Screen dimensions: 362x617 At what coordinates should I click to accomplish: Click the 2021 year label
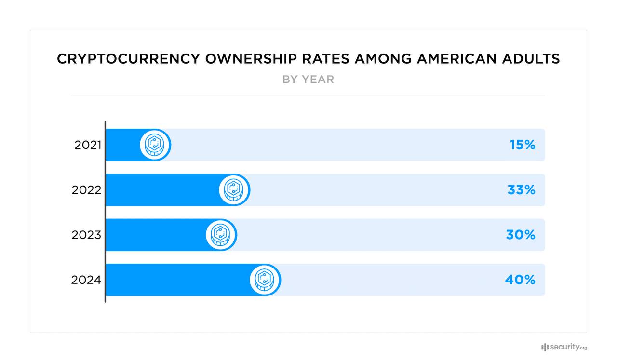point(87,145)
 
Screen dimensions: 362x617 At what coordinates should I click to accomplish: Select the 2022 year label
point(86,190)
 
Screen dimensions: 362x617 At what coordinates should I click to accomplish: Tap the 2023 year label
point(86,235)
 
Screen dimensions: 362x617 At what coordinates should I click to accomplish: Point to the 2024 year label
point(86,280)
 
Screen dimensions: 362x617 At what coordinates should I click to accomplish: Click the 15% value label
point(523,145)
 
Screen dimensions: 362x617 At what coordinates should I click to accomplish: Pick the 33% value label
point(521,190)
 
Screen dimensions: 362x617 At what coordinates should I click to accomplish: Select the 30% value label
point(521,235)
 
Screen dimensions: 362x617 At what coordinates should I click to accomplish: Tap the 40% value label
point(520,280)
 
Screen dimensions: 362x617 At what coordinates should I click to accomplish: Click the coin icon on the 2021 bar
point(156,145)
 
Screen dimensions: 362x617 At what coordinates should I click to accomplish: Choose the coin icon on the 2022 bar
point(234,190)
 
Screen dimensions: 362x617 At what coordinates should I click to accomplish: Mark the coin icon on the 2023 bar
point(221,235)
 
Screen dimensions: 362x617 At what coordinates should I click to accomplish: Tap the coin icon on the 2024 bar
point(265,280)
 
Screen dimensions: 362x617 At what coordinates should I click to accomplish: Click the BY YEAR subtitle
point(308,80)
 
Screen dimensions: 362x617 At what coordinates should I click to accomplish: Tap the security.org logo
point(564,347)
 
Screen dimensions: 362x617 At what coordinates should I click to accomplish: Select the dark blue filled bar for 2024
point(178,280)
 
